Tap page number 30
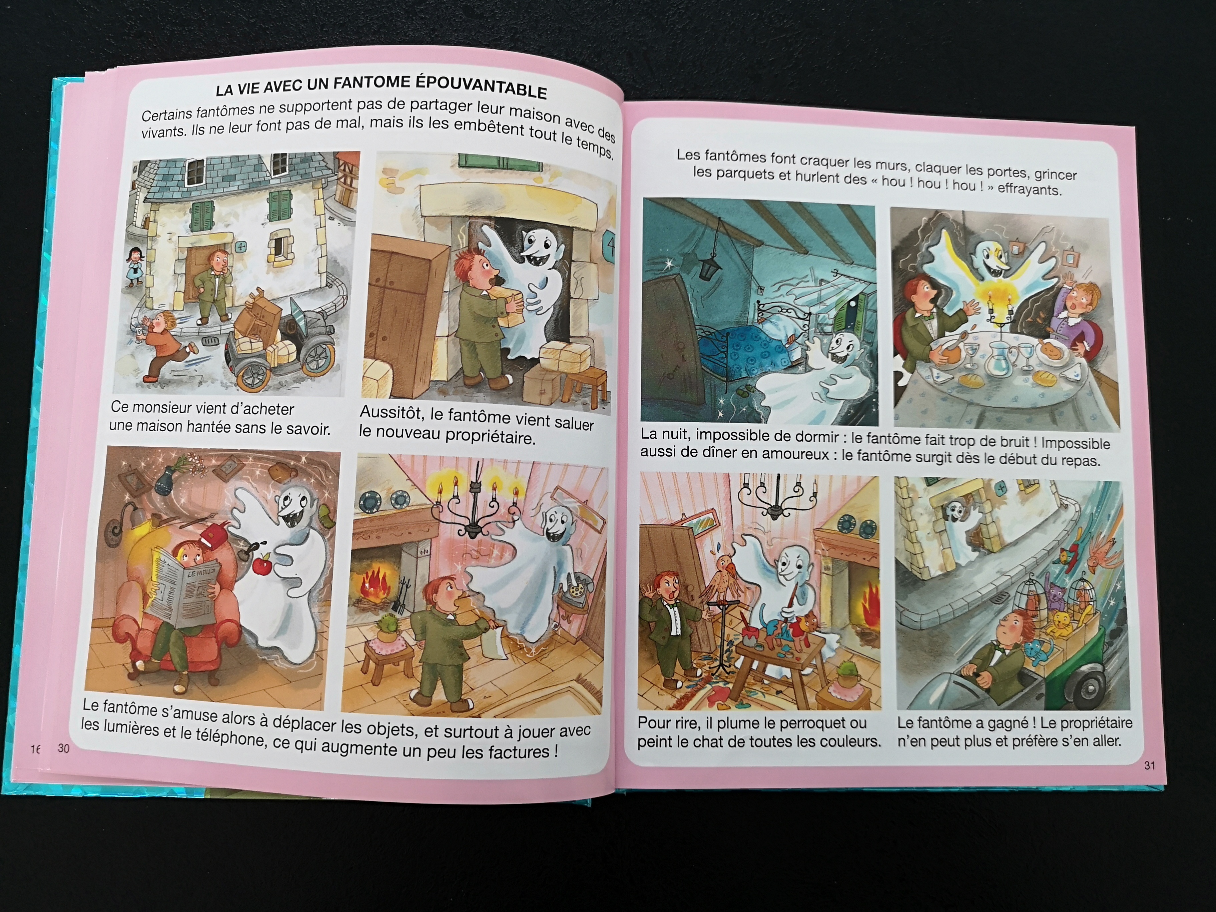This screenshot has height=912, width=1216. click(x=64, y=748)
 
